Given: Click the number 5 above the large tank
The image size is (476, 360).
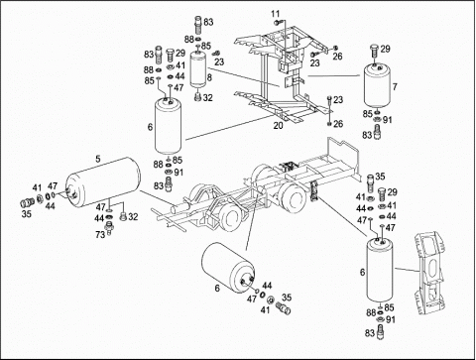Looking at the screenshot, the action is click(x=98, y=159).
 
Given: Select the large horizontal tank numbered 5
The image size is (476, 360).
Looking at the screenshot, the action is click(x=103, y=183).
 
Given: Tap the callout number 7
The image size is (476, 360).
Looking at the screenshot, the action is click(x=395, y=87).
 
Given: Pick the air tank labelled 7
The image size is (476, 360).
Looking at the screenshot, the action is click(x=377, y=86).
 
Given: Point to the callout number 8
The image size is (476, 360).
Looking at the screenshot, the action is click(x=209, y=77).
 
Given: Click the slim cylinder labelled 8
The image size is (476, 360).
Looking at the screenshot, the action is click(x=198, y=70).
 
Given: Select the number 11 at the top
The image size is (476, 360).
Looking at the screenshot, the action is click(x=276, y=14).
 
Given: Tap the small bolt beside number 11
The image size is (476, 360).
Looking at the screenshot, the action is click(x=277, y=23).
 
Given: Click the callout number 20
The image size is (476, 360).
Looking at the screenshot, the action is click(x=278, y=126).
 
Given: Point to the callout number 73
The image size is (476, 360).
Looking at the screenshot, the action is click(x=100, y=235).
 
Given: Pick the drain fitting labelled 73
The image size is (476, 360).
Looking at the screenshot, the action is click(x=109, y=228).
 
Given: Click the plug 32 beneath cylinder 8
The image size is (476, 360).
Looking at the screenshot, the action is click(x=198, y=97).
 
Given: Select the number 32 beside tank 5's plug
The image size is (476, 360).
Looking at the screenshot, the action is click(x=133, y=217).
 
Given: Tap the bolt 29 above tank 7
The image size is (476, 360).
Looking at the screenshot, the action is click(x=375, y=51).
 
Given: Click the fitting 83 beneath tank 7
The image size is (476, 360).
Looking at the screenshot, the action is click(x=378, y=132).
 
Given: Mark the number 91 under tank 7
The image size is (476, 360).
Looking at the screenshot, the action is click(x=387, y=120).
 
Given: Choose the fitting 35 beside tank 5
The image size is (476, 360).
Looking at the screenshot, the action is click(x=28, y=201).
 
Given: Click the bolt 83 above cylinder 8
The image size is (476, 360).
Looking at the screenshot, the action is click(x=198, y=24).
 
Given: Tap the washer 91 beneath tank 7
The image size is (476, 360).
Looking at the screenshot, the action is click(x=377, y=120).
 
